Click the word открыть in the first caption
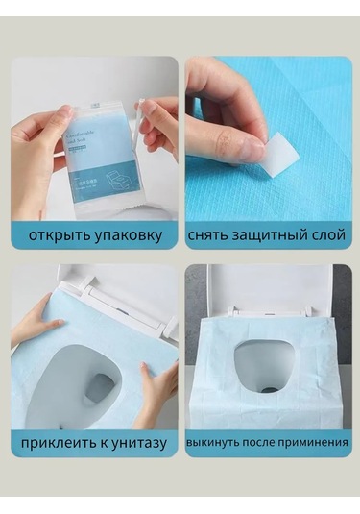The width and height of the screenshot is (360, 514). point(54,235)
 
